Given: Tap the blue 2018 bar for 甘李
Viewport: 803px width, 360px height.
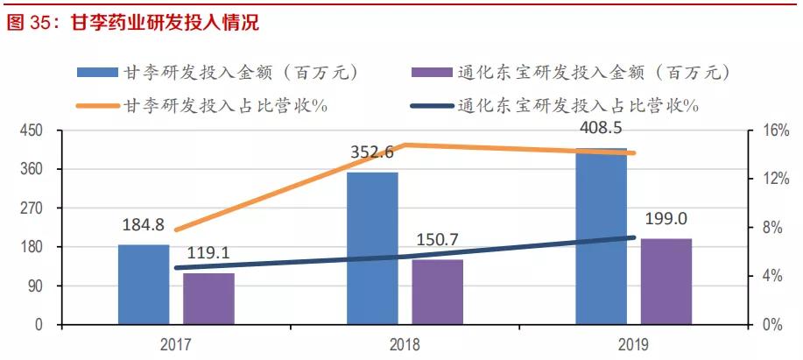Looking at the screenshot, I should coord(372,249).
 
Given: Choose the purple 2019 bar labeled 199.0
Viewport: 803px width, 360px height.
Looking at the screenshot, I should coord(666,281).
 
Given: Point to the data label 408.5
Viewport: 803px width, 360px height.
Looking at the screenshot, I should coord(601,129).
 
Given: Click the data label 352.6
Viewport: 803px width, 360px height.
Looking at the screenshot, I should coord(372,152).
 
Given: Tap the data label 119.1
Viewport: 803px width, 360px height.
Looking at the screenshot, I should coord(208,253).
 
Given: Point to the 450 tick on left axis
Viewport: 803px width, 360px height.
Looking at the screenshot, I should coord(32,131).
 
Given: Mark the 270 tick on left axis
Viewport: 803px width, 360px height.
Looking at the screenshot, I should coord(32,208).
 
